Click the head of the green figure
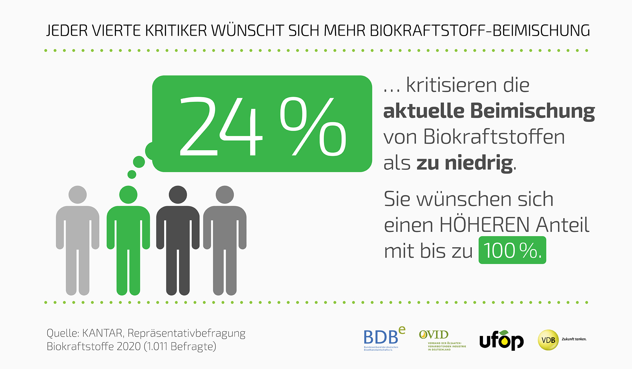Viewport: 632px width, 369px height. (128, 195)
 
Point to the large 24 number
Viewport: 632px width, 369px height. (221, 126)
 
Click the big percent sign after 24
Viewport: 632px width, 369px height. (313, 126)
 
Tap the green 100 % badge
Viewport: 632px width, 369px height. (512, 250)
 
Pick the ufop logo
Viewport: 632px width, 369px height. (501, 341)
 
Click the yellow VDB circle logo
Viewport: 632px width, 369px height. (548, 340)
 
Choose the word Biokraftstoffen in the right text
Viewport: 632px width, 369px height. (494, 137)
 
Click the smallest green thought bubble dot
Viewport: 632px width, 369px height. (132, 174)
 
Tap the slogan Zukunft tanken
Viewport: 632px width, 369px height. (574, 339)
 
